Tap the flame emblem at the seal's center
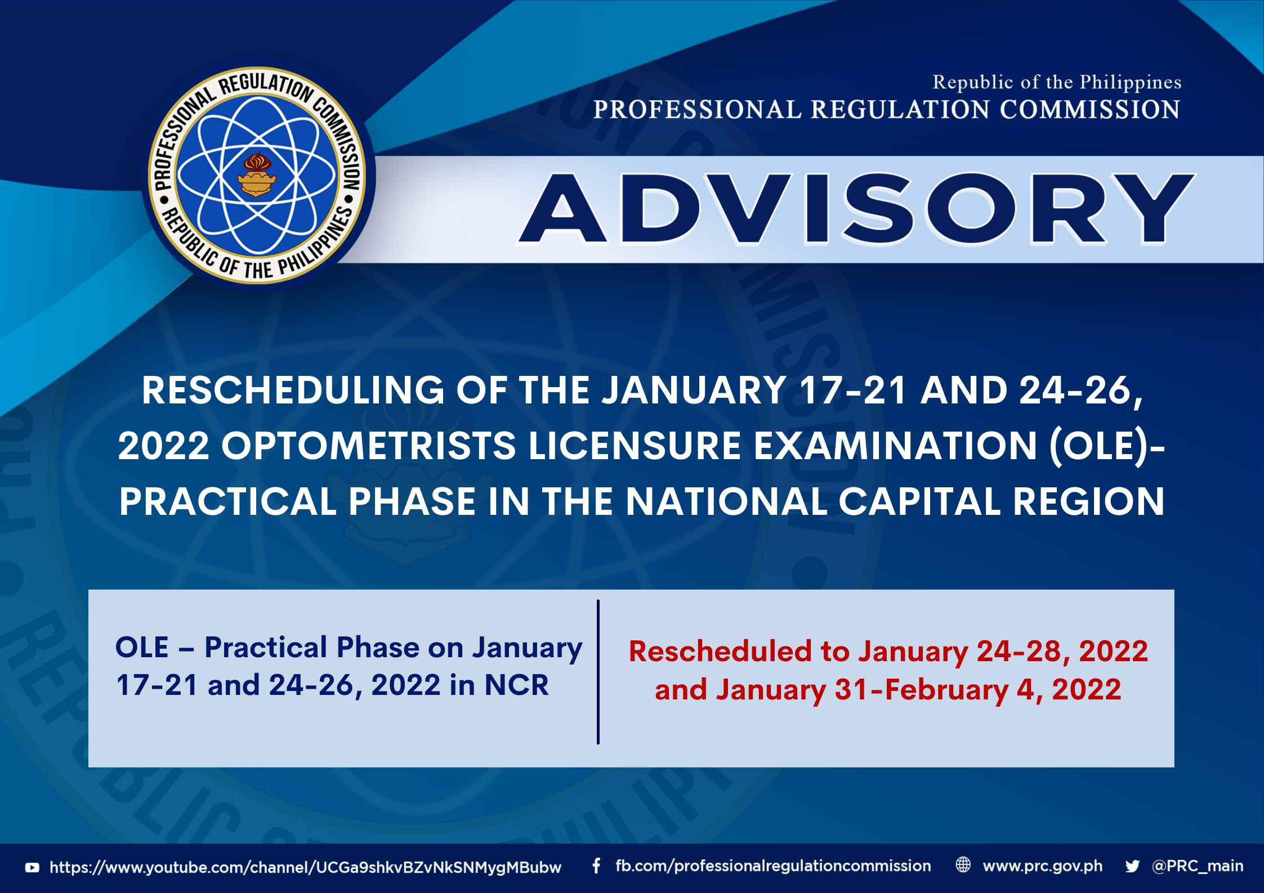(x=257, y=175)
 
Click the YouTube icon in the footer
(x=33, y=868)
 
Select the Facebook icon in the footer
(x=596, y=866)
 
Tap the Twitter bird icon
(x=1133, y=867)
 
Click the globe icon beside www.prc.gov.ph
(x=963, y=865)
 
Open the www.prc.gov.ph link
(x=1043, y=867)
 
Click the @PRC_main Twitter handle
(x=1198, y=867)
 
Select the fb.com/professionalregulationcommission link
(x=773, y=867)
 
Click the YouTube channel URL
(x=305, y=868)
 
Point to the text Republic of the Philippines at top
(x=1057, y=82)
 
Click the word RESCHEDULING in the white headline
(x=293, y=390)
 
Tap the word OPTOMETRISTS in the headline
(x=369, y=446)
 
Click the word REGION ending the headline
(x=1088, y=501)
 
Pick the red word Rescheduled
(x=720, y=652)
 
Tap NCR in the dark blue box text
(x=516, y=685)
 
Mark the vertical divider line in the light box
(x=598, y=672)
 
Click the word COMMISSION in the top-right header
(x=1090, y=110)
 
